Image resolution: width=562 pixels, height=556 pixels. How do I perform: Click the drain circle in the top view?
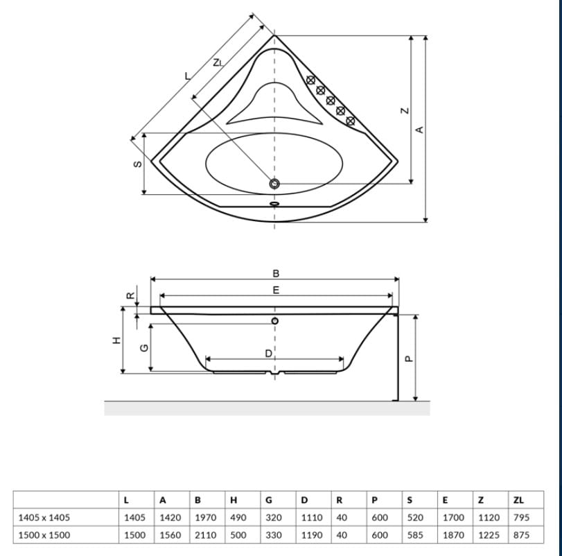coord(274,184)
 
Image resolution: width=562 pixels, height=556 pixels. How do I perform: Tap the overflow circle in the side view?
coord(275,321)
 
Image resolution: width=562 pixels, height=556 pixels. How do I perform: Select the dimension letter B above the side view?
coord(276,274)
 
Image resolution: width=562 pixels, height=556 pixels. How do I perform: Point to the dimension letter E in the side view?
coord(276,290)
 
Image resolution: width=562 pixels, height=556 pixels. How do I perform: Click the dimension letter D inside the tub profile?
coord(268,354)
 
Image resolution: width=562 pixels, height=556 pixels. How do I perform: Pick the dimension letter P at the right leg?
coord(409,358)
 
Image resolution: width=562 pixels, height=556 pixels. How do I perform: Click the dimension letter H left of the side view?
coord(117,340)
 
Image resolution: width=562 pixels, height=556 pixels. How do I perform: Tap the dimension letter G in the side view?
coord(143,348)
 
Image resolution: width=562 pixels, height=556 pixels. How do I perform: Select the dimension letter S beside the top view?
coord(138,164)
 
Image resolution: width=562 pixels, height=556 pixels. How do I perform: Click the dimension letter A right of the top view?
coord(420,130)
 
